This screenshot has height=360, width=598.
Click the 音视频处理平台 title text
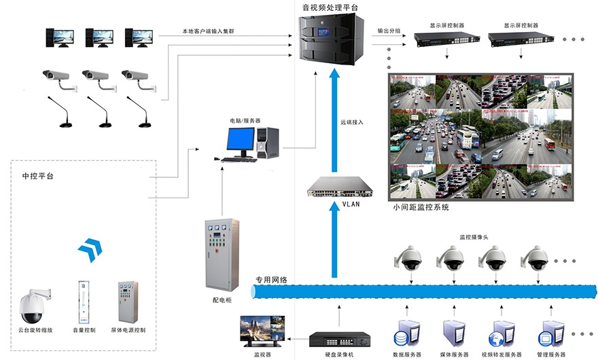(330, 7)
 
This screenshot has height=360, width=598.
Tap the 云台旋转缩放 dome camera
(34, 306)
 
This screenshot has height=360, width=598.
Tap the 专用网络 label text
(270, 280)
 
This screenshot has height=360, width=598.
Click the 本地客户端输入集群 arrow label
(209, 31)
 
